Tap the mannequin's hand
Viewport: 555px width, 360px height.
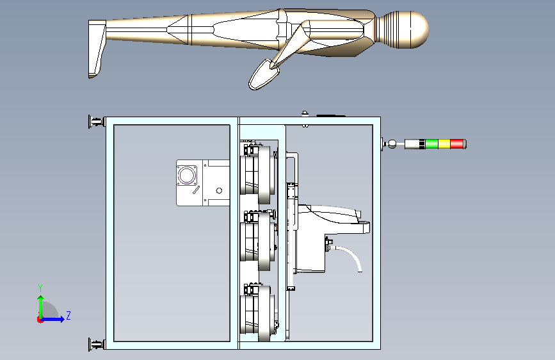pyautogui.click(x=264, y=74)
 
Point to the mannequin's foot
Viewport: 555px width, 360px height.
pyautogui.click(x=97, y=49)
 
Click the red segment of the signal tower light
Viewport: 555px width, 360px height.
pyautogui.click(x=457, y=144)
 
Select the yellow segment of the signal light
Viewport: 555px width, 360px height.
pyautogui.click(x=444, y=144)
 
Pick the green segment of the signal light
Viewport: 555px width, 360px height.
pyautogui.click(x=432, y=144)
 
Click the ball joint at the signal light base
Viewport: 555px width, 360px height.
pyautogui.click(x=392, y=144)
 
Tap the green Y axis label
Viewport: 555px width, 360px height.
pyautogui.click(x=40, y=288)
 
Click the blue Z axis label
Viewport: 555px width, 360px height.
pyautogui.click(x=68, y=315)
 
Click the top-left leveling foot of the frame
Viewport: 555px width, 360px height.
pyautogui.click(x=96, y=122)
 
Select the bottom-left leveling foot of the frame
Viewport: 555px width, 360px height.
pyautogui.click(x=96, y=344)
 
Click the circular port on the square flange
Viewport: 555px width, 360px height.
pyautogui.click(x=186, y=175)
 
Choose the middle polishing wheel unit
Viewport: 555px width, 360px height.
pyautogui.click(x=258, y=240)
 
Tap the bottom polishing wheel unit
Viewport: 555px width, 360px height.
pyautogui.click(x=258, y=313)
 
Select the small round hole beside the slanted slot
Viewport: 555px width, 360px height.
pyautogui.click(x=219, y=191)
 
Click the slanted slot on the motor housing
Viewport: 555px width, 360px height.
pyautogui.click(x=196, y=190)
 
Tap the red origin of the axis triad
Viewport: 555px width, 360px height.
pyautogui.click(x=40, y=320)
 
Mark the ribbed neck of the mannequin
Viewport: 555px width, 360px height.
pyautogui.click(x=389, y=29)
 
